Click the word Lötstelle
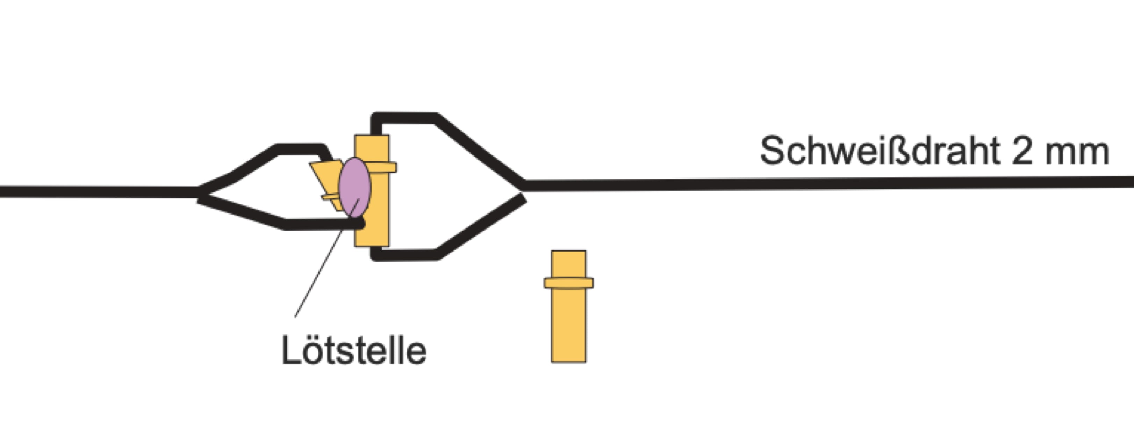(x=354, y=351)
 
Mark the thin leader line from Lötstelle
(x=327, y=258)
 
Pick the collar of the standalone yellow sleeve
(x=568, y=283)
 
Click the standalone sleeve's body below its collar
(x=568, y=326)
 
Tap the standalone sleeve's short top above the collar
(x=568, y=264)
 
